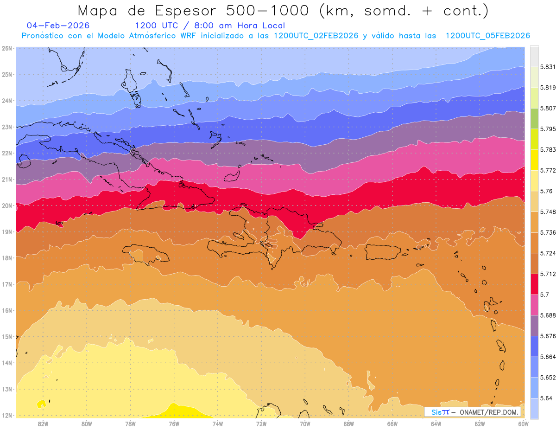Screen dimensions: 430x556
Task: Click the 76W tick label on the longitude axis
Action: [x=174, y=423]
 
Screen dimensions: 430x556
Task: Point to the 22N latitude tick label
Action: [x=7, y=153]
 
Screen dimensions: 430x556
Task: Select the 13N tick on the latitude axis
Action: [x=7, y=389]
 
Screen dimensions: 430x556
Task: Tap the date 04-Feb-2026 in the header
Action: [x=58, y=26]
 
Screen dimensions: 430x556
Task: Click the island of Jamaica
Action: [x=145, y=254]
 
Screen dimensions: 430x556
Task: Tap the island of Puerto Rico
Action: [x=383, y=252]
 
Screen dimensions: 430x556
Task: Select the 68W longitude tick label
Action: [x=348, y=423]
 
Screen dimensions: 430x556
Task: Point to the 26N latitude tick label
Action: [x=7, y=48]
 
